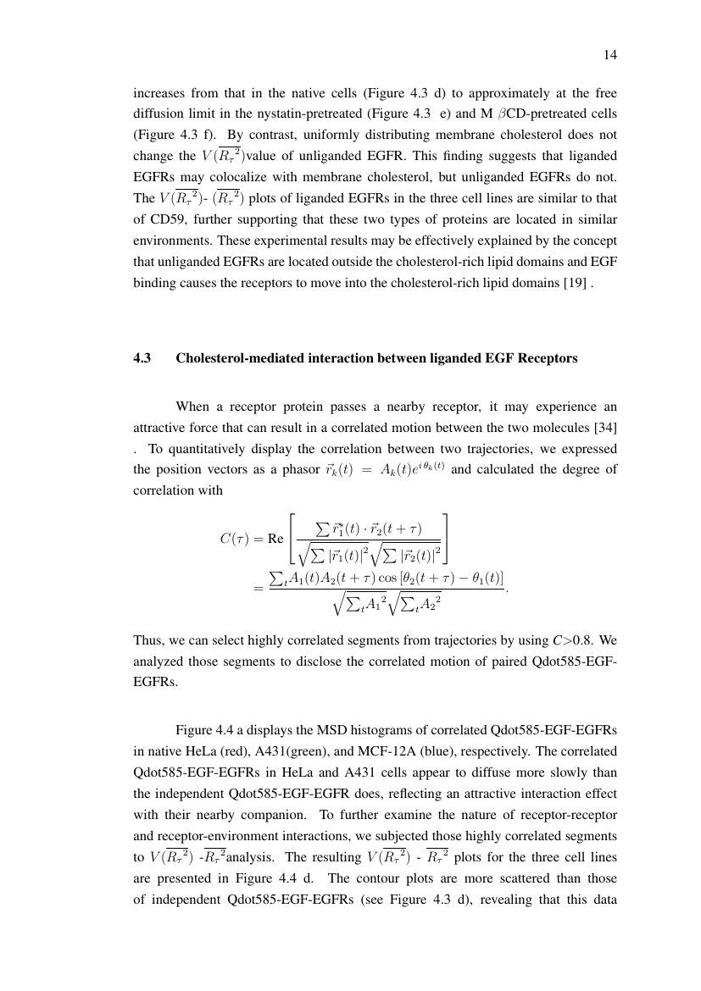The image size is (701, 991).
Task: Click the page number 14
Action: point(609,55)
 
